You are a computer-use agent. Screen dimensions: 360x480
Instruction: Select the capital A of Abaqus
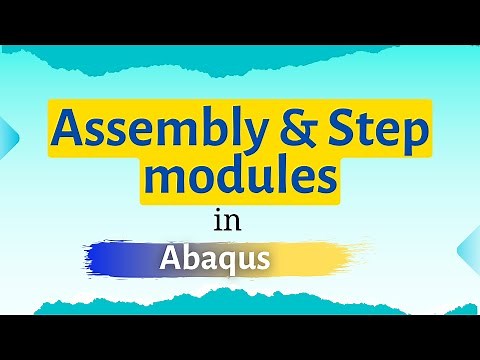(x=169, y=258)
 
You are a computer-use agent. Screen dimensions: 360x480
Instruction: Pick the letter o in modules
(x=203, y=181)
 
